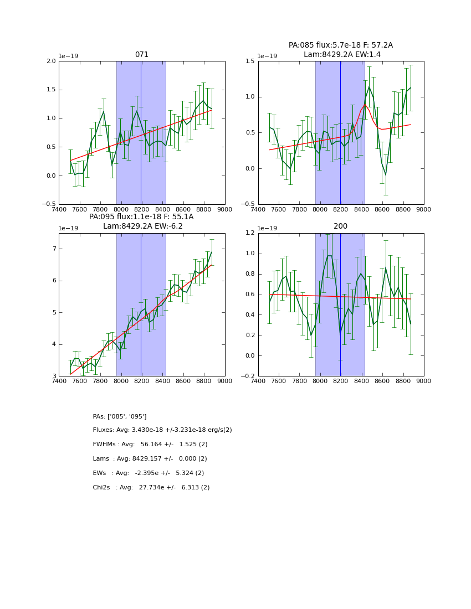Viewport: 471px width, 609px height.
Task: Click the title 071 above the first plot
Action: tap(142, 55)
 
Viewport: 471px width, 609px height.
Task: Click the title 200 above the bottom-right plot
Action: tap(341, 226)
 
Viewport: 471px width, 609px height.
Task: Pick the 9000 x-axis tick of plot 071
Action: tap(225, 209)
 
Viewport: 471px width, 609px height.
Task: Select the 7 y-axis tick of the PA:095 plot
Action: tap(54, 249)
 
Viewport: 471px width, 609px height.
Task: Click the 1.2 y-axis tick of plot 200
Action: tap(249, 233)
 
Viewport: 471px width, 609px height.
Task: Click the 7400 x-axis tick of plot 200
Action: tap(258, 381)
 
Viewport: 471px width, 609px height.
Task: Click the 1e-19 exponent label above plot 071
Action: tap(68, 56)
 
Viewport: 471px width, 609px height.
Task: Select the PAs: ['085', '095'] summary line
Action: tap(120, 416)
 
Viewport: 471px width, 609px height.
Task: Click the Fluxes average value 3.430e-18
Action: tap(150, 430)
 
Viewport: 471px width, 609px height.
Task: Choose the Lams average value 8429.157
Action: tap(150, 459)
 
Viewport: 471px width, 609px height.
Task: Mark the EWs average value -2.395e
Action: tap(150, 473)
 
